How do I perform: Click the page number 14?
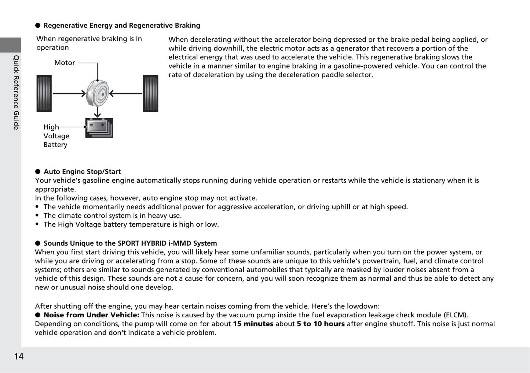click(x=19, y=356)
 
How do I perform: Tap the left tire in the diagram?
click(x=44, y=93)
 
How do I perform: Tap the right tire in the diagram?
click(x=150, y=93)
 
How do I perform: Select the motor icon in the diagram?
click(x=98, y=93)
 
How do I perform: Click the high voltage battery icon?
click(x=99, y=128)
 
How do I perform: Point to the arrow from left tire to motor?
click(x=69, y=94)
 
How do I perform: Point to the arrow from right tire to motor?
click(x=125, y=94)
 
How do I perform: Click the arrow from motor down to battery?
click(x=97, y=112)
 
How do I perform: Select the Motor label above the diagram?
click(x=65, y=63)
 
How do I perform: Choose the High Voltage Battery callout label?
click(x=56, y=136)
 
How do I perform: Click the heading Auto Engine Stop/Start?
click(x=82, y=172)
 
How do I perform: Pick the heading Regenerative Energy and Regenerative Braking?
click(x=122, y=26)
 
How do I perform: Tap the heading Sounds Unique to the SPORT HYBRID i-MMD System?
click(x=130, y=243)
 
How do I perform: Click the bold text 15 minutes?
click(x=253, y=324)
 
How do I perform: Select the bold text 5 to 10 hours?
click(x=321, y=324)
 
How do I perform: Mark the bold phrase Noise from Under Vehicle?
click(x=91, y=315)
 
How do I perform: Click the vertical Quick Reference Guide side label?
click(x=16, y=92)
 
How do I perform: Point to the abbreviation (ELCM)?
click(x=456, y=315)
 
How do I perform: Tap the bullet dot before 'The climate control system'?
click(x=37, y=216)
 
